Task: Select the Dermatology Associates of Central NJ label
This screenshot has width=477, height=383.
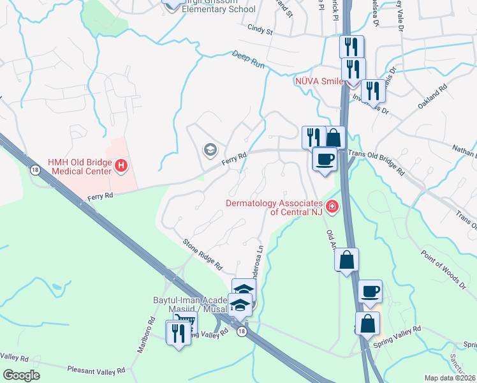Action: click(275, 207)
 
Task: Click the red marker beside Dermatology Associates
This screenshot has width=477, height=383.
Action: click(332, 206)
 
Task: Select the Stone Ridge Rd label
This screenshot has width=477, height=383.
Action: click(202, 253)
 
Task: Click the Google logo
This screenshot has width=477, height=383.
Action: click(21, 375)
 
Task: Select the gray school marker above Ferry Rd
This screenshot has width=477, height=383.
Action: click(209, 150)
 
